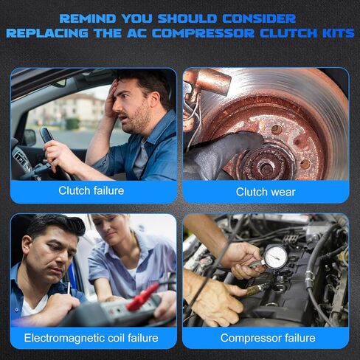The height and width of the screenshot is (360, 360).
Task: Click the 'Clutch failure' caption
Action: click(x=91, y=191)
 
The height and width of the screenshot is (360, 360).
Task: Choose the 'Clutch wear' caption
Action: click(x=266, y=191)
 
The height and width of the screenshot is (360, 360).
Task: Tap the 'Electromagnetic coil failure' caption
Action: click(x=91, y=338)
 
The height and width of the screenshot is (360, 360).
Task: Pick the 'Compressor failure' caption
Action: click(x=267, y=338)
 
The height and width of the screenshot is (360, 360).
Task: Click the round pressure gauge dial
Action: click(x=274, y=257)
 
